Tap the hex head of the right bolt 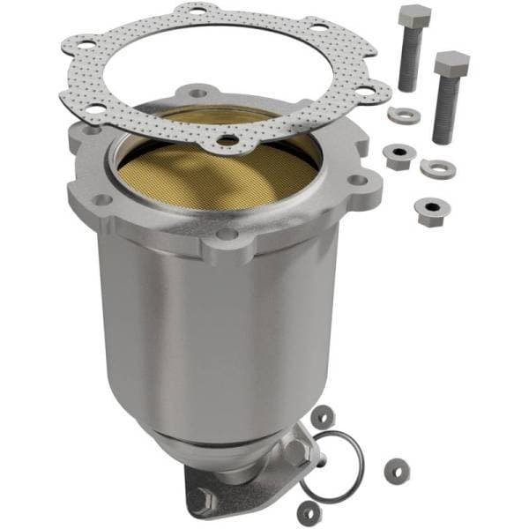(x=451, y=64)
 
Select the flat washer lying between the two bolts (x=404, y=115)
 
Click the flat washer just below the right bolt (x=437, y=167)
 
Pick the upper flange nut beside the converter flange (x=397, y=156)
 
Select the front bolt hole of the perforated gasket (x=228, y=139)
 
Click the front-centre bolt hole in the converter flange (x=227, y=235)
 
